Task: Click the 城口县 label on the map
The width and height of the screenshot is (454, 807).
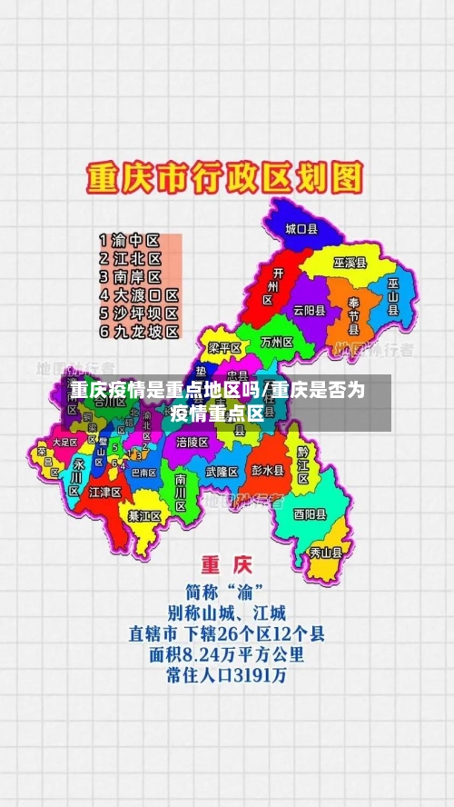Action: (301, 230)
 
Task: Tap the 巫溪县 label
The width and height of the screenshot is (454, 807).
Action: (349, 263)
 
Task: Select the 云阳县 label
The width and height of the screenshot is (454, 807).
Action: (309, 309)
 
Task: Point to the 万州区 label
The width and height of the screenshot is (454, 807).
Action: (276, 343)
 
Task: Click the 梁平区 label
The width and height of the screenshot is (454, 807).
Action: (224, 347)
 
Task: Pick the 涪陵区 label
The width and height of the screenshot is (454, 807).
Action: (192, 442)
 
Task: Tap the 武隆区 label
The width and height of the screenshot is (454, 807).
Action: (222, 472)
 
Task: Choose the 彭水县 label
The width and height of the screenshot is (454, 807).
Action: (268, 471)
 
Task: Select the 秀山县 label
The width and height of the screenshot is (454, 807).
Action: (326, 552)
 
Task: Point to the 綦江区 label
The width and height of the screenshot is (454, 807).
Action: (144, 515)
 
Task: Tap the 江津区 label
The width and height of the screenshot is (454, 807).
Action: (105, 492)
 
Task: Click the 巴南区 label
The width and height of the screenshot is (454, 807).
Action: (143, 472)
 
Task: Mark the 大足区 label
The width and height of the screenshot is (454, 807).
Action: (65, 443)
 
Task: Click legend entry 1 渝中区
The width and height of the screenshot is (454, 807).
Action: (129, 241)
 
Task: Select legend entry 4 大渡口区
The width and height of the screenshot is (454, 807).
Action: (138, 295)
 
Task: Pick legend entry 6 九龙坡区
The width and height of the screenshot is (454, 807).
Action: (138, 332)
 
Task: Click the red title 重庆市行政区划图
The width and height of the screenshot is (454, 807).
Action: (224, 177)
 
